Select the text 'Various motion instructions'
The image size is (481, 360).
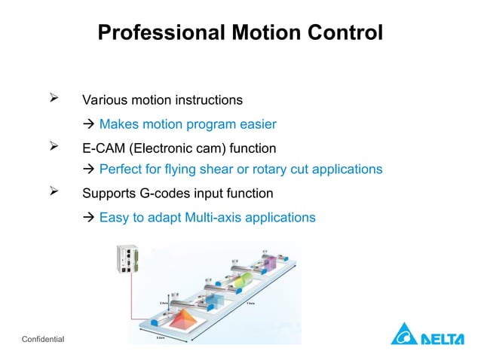pyautogui.click(x=162, y=99)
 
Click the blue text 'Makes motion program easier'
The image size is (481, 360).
pyautogui.click(x=188, y=124)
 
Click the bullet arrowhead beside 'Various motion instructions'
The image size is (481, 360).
pyautogui.click(x=54, y=99)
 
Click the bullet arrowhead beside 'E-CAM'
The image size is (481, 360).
pyautogui.click(x=54, y=147)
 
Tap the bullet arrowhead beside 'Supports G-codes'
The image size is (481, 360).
pyautogui.click(x=54, y=193)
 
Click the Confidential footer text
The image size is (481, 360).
pyautogui.click(x=44, y=340)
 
